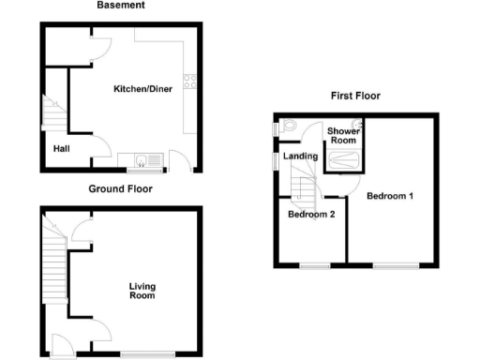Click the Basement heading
point(122,6)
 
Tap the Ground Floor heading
point(121,188)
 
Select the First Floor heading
point(354,96)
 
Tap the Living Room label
point(142,291)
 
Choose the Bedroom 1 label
point(389,197)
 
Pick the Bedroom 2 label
point(311,214)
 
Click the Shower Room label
point(342,136)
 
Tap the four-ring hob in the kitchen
point(190,82)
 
